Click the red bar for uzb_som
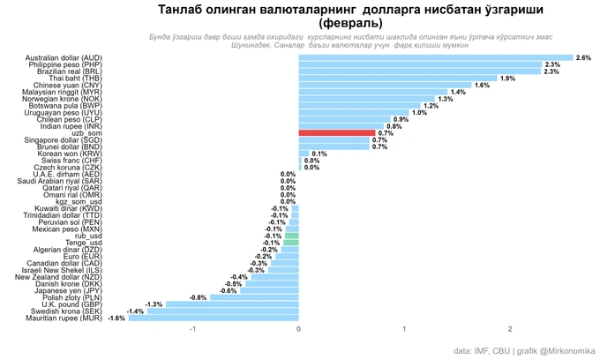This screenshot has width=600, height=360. point(336,133)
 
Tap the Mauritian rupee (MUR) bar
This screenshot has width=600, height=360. point(214,319)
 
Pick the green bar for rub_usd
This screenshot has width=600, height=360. point(291,236)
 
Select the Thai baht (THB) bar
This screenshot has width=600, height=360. point(398,79)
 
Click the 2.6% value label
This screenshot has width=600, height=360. point(583,58)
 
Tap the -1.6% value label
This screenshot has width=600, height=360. point(116,319)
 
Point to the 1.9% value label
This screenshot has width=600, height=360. point(507,79)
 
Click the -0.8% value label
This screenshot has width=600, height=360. point(199,298)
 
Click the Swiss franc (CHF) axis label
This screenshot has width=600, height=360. point(71,161)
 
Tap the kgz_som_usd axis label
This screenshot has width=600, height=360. point(79,202)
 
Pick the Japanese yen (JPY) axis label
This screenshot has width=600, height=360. point(68,291)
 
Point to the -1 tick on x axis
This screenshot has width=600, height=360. point(192,329)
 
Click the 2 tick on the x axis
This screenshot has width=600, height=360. point(510,329)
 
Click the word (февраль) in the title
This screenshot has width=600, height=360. point(350,22)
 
